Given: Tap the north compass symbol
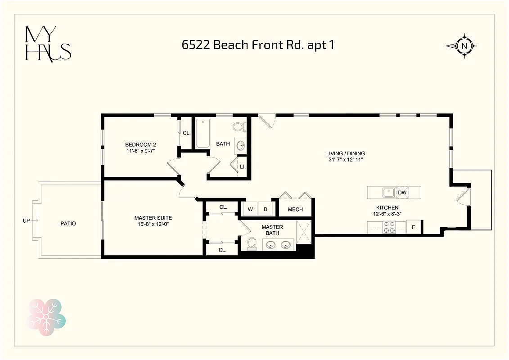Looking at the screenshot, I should click(462, 45).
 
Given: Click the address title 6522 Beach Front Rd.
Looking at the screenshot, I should click(258, 45).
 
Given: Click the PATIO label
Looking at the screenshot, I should click(68, 224).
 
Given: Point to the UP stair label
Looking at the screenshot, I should click(27, 220).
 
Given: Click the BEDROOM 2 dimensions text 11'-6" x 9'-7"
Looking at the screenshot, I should click(140, 151).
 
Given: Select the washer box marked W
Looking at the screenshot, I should click(250, 209).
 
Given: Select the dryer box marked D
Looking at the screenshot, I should click(266, 209).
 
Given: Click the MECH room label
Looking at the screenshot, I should click(295, 209).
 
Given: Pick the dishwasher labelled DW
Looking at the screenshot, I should click(403, 193).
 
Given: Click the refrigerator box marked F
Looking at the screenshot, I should click(413, 228).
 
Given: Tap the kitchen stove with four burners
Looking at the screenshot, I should click(389, 227).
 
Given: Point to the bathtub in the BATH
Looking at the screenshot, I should click(203, 133).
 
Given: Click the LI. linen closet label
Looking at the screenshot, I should click(242, 166).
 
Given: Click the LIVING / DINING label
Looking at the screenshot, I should click(346, 153).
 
